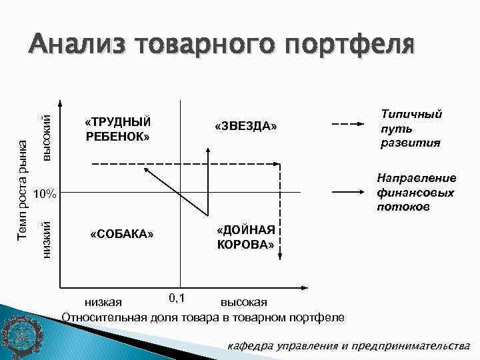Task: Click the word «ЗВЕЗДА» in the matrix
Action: coord(245,127)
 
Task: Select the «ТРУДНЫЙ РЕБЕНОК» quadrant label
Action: coord(118,129)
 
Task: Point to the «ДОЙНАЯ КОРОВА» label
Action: coord(245,237)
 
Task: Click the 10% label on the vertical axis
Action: coord(45,194)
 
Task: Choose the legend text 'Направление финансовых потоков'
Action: coord(416,193)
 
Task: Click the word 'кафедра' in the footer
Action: coord(251,346)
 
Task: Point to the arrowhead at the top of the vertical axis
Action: coord(61,104)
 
